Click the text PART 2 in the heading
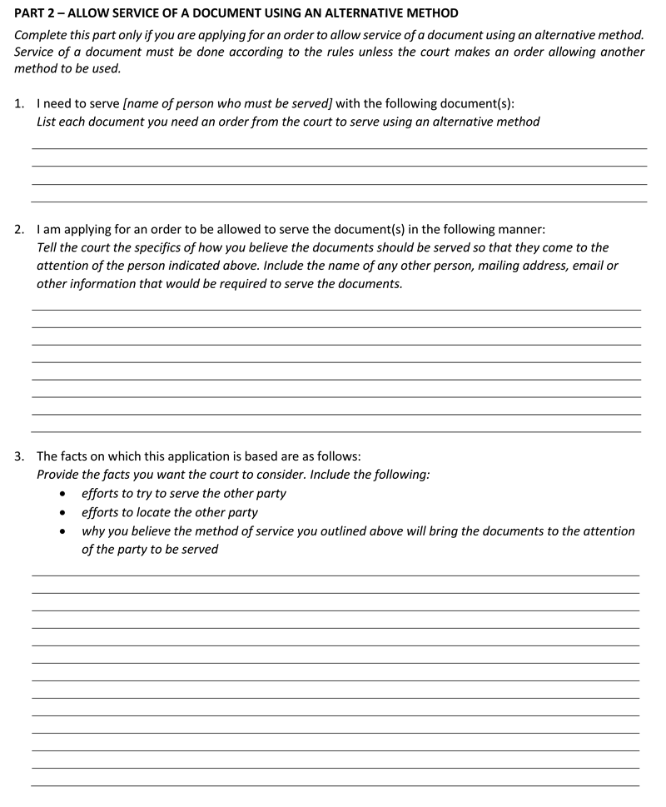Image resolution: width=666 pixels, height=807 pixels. [x=36, y=14]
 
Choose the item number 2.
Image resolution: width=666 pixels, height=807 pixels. [x=20, y=229]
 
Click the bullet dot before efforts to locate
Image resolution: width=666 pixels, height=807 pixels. [x=64, y=513]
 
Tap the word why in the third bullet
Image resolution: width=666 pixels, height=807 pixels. [x=94, y=531]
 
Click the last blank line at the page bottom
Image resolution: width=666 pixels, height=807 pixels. [x=335, y=785]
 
